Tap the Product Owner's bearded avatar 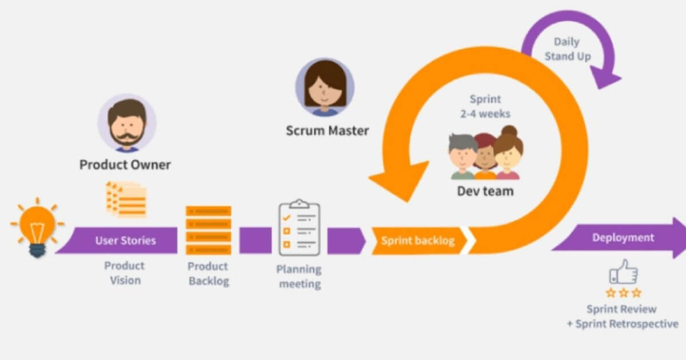click(126, 124)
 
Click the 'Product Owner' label click(125, 165)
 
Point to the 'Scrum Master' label click(327, 131)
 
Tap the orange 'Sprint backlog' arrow click(418, 240)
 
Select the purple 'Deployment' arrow click(620, 238)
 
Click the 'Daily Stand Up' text click(567, 49)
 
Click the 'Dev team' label click(485, 191)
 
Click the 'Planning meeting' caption click(299, 276)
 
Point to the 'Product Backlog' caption click(208, 274)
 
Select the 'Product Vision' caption click(124, 273)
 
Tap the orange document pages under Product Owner click(126, 199)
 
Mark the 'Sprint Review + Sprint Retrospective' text click(623, 317)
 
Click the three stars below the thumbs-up click(623, 293)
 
